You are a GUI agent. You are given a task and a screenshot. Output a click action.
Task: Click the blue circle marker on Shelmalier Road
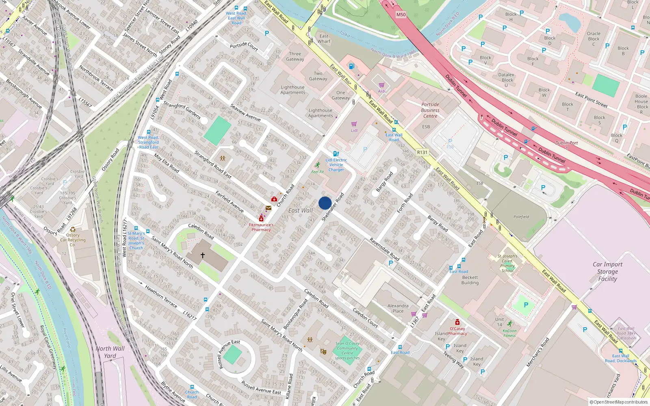(325, 203)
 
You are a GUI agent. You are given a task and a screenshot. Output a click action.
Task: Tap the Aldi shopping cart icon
(381, 85)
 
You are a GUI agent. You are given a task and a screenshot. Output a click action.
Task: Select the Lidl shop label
(354, 130)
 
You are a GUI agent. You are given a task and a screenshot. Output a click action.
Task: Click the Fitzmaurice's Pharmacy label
(261, 227)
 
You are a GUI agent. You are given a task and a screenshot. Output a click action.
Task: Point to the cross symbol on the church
(203, 255)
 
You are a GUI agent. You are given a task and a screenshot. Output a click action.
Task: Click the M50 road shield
(401, 15)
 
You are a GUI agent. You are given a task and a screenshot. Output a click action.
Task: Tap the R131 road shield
(422, 152)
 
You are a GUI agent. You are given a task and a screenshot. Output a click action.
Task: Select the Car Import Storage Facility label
(607, 272)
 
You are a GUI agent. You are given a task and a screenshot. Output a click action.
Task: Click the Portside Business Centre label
(430, 110)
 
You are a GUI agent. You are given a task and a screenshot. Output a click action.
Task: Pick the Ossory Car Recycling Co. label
(73, 240)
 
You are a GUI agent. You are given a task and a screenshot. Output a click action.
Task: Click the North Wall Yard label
(110, 352)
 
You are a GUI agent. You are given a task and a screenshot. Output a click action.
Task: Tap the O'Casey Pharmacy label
(457, 331)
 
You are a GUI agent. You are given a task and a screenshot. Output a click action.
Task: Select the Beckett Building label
(470, 280)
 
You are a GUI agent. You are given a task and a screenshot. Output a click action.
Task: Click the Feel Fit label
(317, 172)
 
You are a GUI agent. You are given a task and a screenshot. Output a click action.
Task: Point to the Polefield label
(521, 217)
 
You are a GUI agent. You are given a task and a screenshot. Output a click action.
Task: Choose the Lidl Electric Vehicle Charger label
(336, 165)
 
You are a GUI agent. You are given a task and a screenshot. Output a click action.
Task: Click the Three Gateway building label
(295, 56)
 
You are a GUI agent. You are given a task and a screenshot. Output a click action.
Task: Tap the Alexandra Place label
(398, 308)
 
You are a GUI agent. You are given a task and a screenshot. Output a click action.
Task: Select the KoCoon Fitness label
(509, 333)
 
